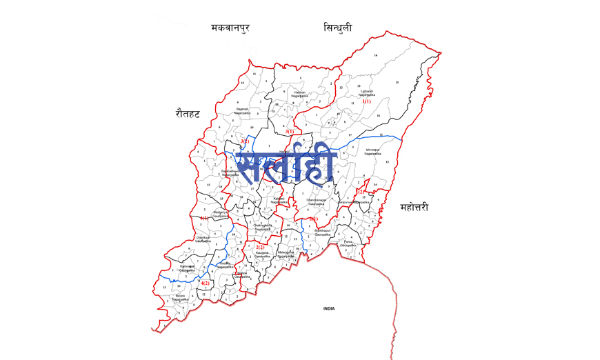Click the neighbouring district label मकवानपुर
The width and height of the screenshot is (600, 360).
230,28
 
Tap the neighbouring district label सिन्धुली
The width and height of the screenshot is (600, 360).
337,28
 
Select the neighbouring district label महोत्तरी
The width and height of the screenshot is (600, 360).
423,206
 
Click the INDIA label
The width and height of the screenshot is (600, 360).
329,308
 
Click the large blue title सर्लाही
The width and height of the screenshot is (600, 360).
286,166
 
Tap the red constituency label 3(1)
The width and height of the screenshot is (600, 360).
290,131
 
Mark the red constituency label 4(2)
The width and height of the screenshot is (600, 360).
205,283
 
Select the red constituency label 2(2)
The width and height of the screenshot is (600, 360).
260,247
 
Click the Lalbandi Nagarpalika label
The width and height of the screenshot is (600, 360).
367,92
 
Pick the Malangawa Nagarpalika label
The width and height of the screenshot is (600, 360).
286,254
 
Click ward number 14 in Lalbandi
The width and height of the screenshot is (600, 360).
376,54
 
